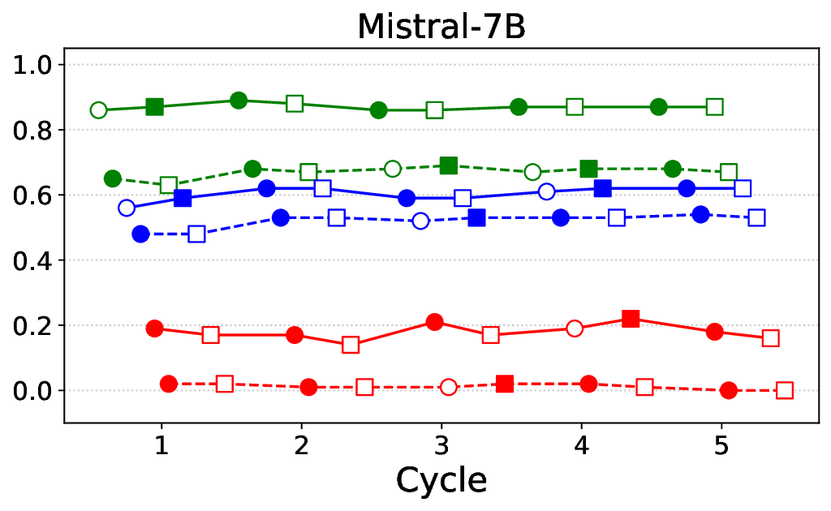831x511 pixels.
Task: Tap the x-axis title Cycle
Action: coord(441,480)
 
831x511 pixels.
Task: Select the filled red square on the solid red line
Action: coord(631,319)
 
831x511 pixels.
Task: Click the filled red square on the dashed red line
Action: coord(505,384)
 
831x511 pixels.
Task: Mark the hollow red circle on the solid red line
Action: coord(575,328)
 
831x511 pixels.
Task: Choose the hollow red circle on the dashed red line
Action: coord(449,387)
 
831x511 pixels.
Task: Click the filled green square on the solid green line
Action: coord(155,107)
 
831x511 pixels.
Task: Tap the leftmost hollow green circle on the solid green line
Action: coord(99,110)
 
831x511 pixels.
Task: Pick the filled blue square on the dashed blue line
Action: coord(477,217)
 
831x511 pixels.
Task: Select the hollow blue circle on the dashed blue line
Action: coord(420,221)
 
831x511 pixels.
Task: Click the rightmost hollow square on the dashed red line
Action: coord(785,390)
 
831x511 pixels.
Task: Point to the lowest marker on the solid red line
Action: coord(351,345)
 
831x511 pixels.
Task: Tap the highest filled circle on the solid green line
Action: coord(239,101)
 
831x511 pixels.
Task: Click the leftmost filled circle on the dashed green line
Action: coord(113,178)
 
